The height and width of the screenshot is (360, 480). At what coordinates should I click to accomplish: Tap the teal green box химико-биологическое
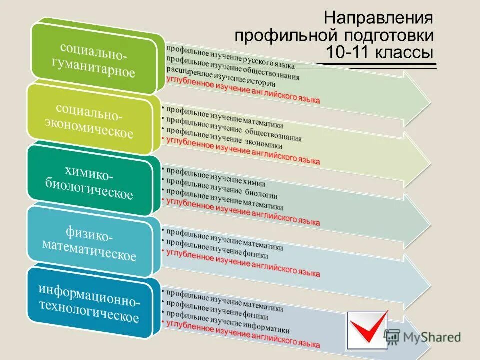[90, 182]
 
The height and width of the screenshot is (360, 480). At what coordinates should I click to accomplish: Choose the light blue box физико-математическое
[90, 243]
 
